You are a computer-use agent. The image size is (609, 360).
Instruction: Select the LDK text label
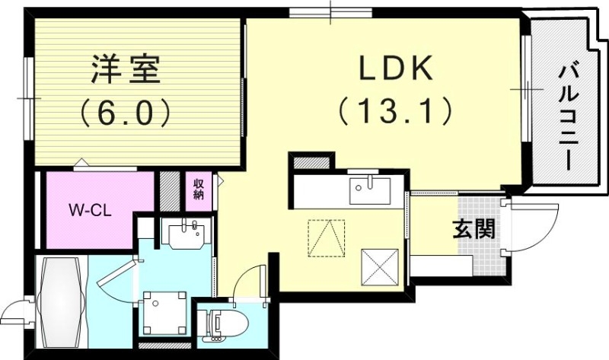tap(395, 69)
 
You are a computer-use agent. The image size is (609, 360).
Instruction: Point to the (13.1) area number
tap(395, 112)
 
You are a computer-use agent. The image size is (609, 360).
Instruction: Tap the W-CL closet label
tap(90, 210)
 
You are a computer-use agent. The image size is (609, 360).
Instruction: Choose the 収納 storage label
tap(198, 188)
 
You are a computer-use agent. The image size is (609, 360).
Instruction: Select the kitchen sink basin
tap(371, 190)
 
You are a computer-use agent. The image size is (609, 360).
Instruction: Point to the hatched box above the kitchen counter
tap(311, 161)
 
